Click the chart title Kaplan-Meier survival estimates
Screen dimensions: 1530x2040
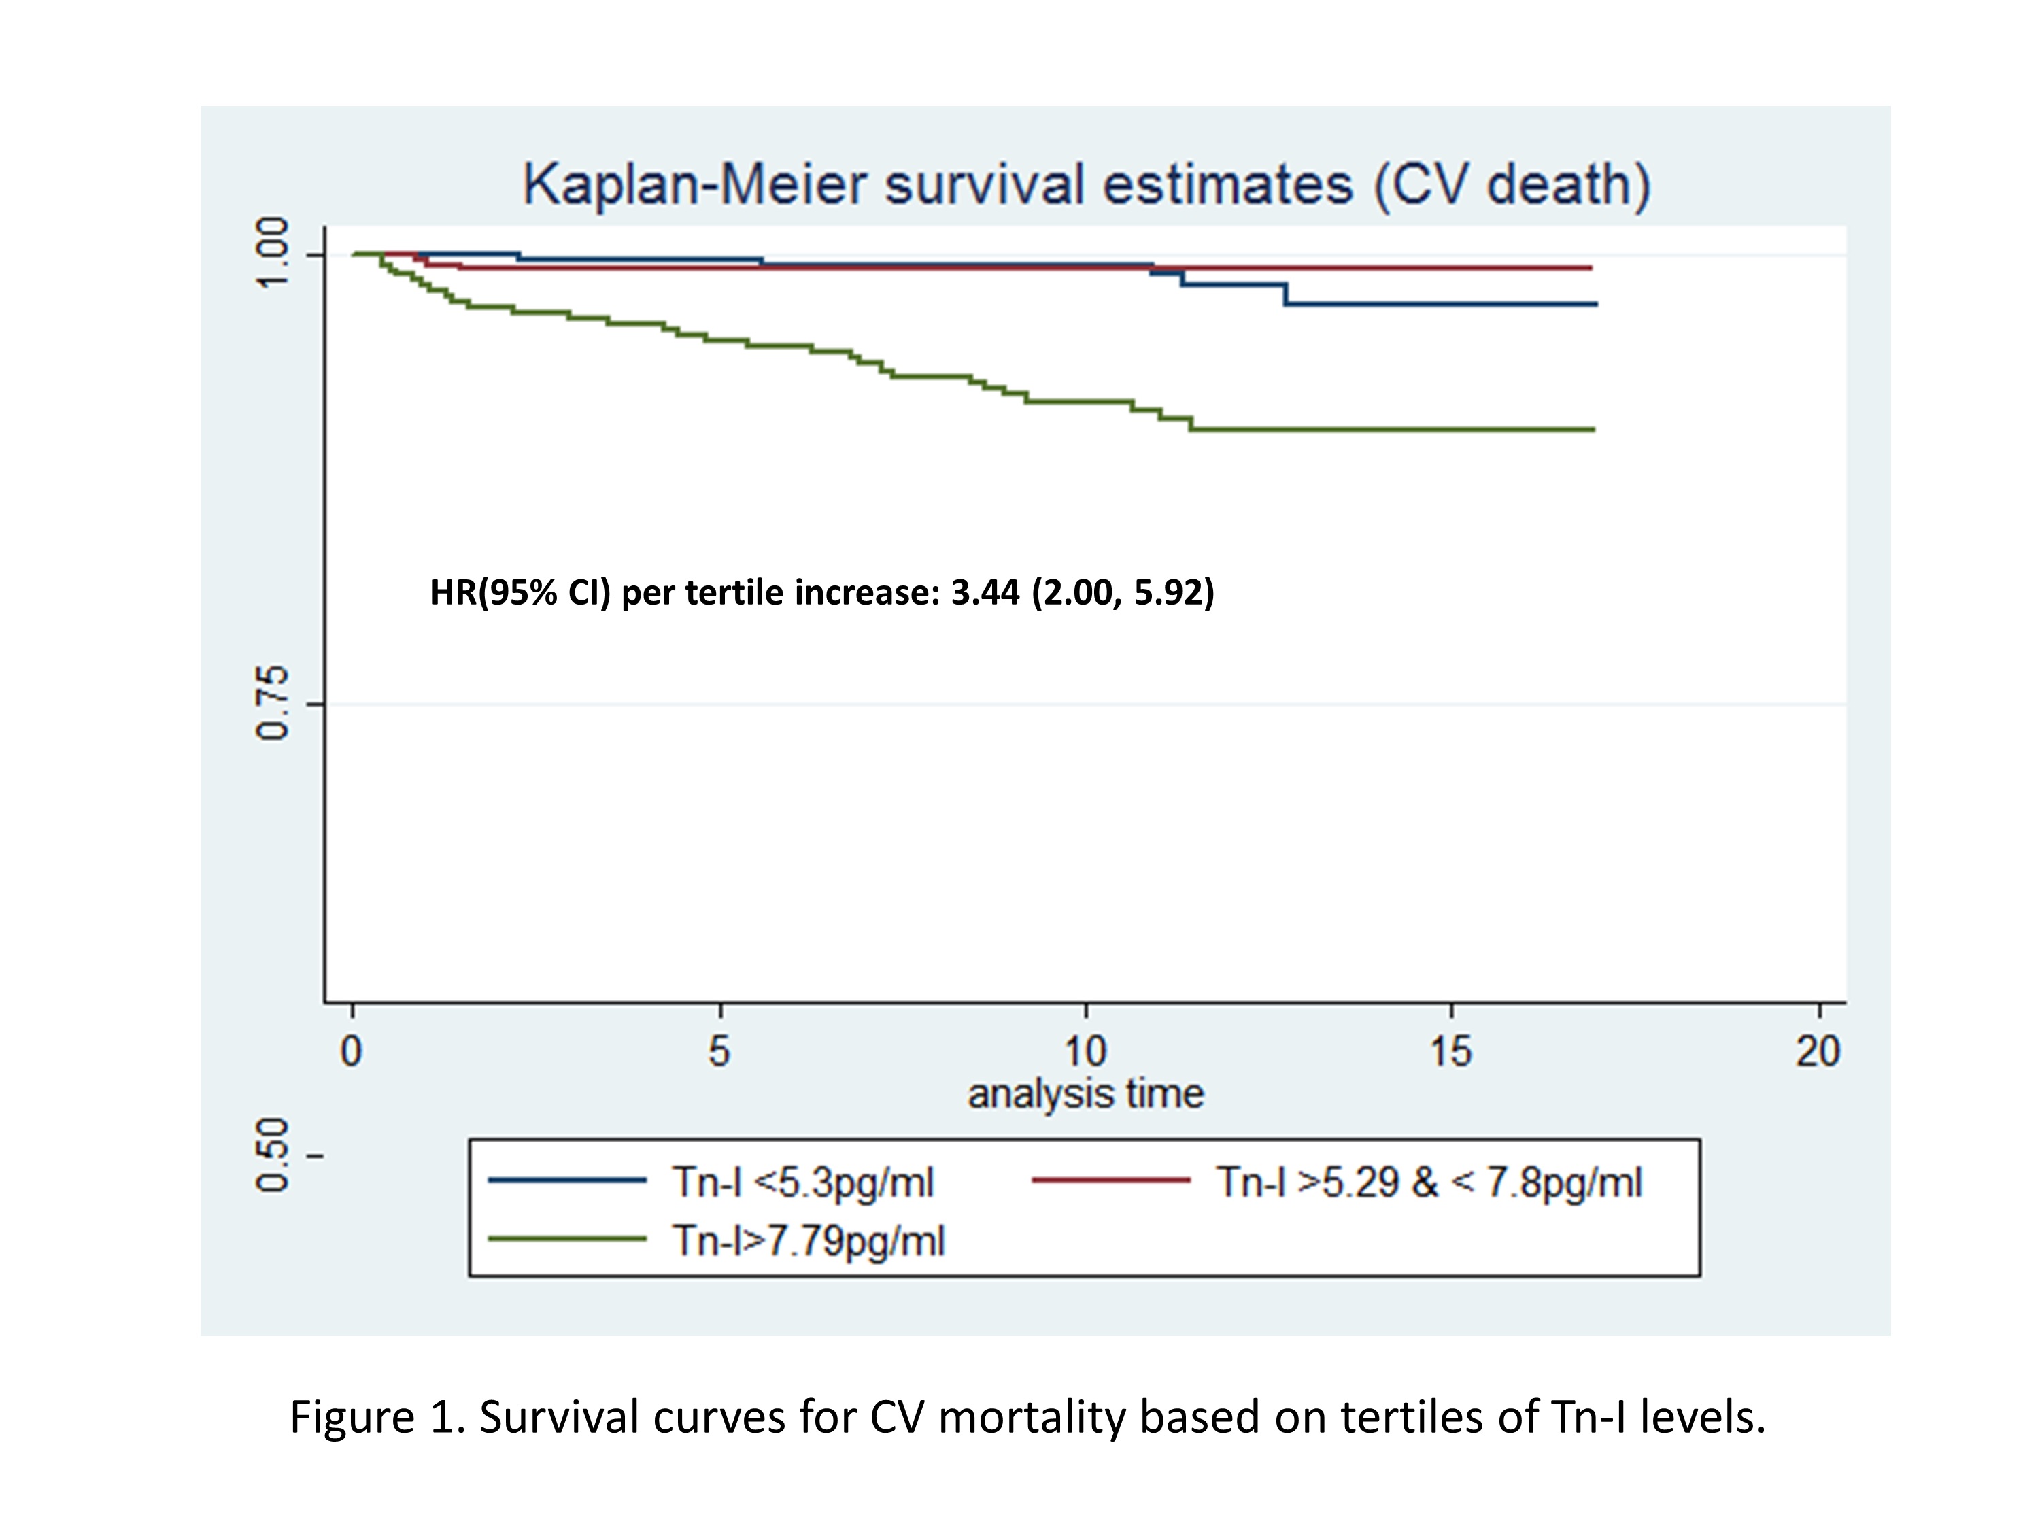pos(1087,184)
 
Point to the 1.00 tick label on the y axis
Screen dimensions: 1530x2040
pos(272,254)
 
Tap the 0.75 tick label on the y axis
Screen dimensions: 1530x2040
pos(272,704)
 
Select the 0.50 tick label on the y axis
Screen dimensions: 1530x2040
pos(272,1155)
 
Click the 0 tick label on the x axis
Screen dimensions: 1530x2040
pos(352,1051)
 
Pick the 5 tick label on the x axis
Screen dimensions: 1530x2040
pos(719,1051)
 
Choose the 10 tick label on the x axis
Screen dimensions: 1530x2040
pos(1085,1051)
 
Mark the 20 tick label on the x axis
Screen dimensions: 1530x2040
pos(1818,1051)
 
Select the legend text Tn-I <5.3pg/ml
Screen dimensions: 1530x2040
pos(802,1183)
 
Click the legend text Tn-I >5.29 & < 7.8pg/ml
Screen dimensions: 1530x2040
pos(1429,1183)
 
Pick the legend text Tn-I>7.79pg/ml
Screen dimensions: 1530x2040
pos(809,1240)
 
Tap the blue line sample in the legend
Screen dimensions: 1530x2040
pos(566,1180)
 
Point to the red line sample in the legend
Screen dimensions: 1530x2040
pos(1110,1180)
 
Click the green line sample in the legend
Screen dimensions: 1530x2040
pos(566,1238)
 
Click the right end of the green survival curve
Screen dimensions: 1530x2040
pos(1593,430)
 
